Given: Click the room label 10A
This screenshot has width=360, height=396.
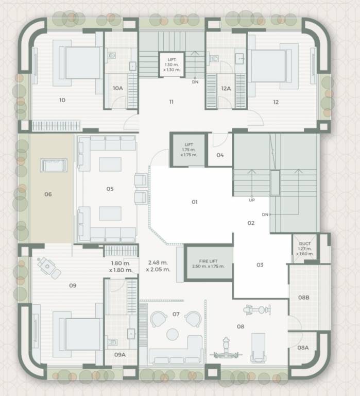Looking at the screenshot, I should pyautogui.click(x=118, y=88).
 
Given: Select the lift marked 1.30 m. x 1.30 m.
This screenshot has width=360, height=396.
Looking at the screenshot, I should pyautogui.click(x=172, y=64).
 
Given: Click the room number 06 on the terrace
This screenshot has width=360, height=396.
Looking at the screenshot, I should pyautogui.click(x=48, y=194).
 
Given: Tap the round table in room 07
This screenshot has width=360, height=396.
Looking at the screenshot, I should pyautogui.click(x=172, y=335).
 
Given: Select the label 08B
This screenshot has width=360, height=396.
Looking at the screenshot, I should pyautogui.click(x=304, y=298).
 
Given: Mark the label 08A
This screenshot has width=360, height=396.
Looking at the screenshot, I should pyautogui.click(x=303, y=348).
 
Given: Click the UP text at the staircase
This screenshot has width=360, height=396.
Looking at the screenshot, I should pyautogui.click(x=251, y=200).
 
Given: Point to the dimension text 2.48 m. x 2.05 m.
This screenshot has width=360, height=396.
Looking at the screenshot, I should pyautogui.click(x=158, y=266).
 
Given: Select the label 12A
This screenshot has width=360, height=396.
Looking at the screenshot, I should pyautogui.click(x=226, y=88).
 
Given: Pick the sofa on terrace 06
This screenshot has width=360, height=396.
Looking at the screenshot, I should pyautogui.click(x=54, y=165).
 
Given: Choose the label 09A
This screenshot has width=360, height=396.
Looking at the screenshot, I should pyautogui.click(x=119, y=354).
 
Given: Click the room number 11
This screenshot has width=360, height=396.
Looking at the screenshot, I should pyautogui.click(x=171, y=102).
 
